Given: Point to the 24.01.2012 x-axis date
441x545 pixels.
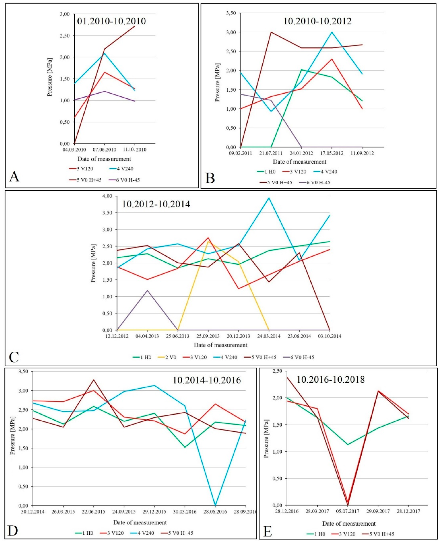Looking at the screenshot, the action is (301, 153).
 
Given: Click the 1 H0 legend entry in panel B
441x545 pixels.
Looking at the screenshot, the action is (266, 172).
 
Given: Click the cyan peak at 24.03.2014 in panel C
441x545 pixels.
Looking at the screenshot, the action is (269, 198).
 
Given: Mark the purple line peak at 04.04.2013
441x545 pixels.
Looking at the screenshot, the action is (147, 290).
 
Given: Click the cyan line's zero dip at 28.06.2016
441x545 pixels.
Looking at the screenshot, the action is (215, 505).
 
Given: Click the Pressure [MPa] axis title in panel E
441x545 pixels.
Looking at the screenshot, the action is (266, 440).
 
